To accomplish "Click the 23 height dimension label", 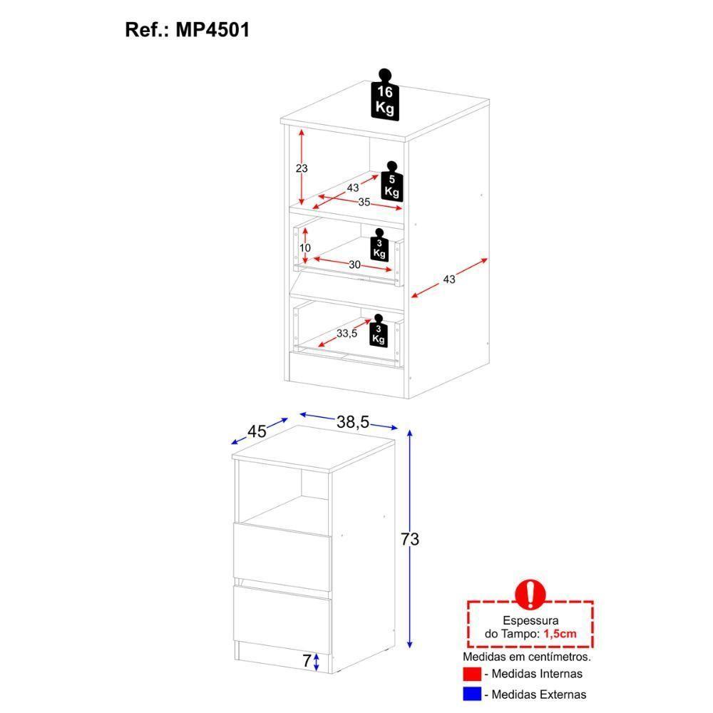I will [301, 169].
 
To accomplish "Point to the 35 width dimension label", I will [364, 202].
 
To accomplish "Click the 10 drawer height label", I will [305, 247].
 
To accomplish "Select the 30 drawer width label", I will [354, 265].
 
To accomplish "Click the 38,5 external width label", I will [352, 423].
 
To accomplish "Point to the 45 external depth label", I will [257, 431].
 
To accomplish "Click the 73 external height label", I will [409, 540].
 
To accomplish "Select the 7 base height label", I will [307, 661].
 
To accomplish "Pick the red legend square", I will [471, 674].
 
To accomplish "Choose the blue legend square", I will [471, 694].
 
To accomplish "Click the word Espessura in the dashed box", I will [530, 622].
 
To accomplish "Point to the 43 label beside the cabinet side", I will [448, 279].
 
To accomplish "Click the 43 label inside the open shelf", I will [352, 188].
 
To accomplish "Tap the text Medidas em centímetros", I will [527, 656].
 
